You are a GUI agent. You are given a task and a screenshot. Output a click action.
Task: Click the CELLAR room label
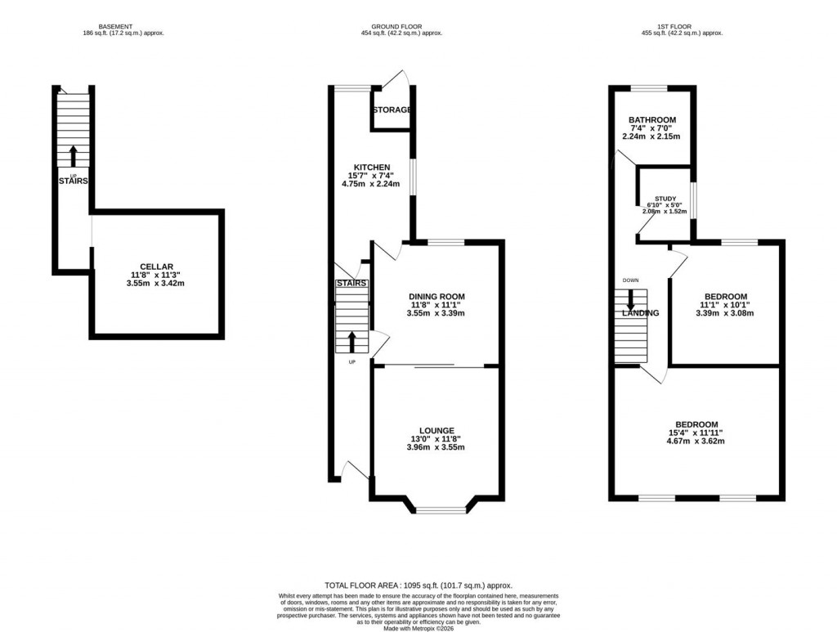point(155,267)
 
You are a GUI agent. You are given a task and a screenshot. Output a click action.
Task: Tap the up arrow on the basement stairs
point(74,155)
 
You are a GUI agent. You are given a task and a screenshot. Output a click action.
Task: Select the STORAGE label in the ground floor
point(392,110)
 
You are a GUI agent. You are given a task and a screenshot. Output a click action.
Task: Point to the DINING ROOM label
point(436,297)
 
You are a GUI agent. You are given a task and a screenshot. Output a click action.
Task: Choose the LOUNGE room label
point(436,431)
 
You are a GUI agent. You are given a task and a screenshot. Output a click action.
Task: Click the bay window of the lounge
point(441,510)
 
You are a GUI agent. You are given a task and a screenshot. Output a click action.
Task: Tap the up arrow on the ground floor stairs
point(352,341)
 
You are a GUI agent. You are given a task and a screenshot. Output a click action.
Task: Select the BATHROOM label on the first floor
point(651,120)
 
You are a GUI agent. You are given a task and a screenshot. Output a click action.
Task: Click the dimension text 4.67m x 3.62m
point(696,442)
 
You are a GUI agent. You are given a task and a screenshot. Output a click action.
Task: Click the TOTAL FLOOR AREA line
point(418,585)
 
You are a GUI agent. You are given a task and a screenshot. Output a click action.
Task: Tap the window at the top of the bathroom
point(650,87)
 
